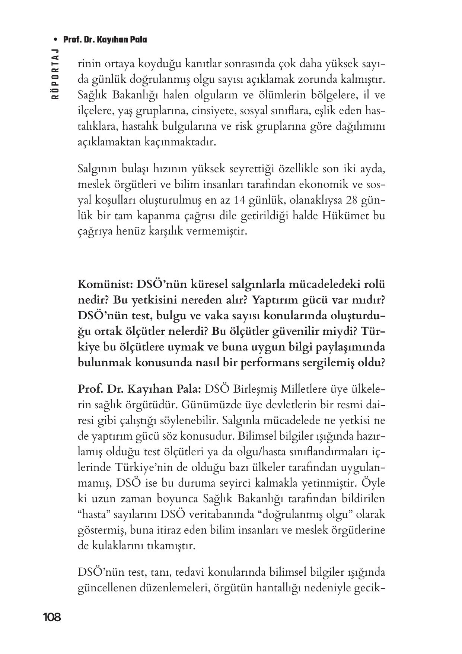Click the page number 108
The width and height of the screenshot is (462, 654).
[52, 617]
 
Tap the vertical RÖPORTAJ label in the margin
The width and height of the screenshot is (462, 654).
[55, 73]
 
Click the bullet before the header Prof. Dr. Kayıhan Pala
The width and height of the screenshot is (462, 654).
[56, 40]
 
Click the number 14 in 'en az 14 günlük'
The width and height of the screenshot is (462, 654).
[241, 200]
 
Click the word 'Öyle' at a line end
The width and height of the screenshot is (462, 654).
[373, 483]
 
